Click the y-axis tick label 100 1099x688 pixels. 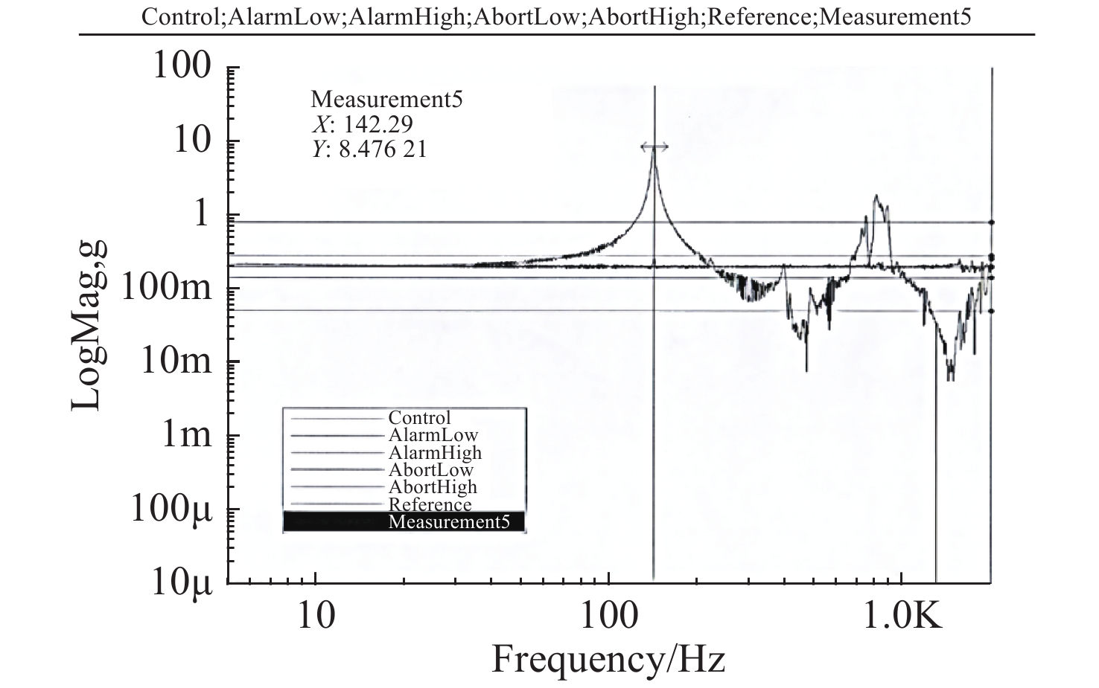coord(182,66)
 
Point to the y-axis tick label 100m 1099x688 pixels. coord(165,287)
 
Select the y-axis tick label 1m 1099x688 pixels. coord(187,434)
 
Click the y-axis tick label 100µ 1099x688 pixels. coord(172,508)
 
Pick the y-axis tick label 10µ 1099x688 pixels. coord(181,582)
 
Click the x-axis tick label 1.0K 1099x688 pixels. coord(902,617)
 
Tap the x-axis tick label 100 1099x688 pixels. coord(608,617)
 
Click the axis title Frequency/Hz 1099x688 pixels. coord(608,659)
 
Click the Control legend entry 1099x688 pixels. coord(419,418)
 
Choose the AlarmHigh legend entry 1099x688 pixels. coord(435,452)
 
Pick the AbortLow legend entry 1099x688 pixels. coord(430,470)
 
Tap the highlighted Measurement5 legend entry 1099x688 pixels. coord(448,521)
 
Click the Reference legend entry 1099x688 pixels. coord(430,505)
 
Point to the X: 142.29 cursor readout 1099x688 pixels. coord(362,123)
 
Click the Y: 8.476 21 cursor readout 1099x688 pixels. coord(369,149)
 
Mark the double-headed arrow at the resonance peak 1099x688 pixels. coord(654,147)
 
